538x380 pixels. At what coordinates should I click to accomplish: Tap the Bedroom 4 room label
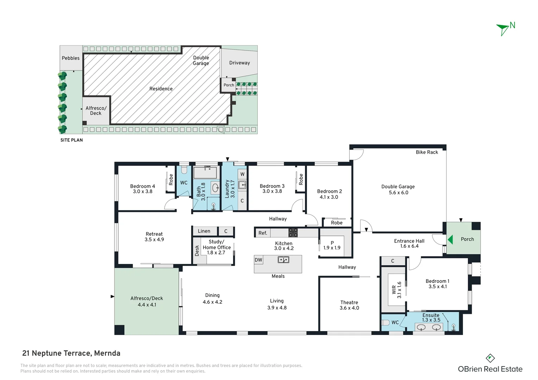coord(143,189)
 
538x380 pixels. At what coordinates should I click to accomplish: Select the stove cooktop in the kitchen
coord(293,233)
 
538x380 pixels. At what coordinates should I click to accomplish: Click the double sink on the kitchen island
coord(283,260)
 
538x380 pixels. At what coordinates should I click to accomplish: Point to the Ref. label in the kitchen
coord(263,233)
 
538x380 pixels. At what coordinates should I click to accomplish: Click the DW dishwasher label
coord(258,260)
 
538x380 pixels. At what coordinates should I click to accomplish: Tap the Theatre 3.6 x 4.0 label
coord(349,305)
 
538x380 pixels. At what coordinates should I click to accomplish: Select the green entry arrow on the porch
coord(450,240)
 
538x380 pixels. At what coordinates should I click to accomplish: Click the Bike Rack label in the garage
coord(427,152)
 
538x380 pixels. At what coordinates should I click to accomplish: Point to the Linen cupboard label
coord(204,231)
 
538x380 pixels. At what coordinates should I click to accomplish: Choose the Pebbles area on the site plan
coord(71,58)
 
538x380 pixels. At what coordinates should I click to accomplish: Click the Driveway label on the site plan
coord(239,63)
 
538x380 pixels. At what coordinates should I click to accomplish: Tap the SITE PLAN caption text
coord(71,140)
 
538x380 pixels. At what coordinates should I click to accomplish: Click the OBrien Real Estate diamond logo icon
coord(490,359)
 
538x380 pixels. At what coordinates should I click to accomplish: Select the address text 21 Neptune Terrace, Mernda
coord(71,353)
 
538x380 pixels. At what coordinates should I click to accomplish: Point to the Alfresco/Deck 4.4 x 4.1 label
coord(147,302)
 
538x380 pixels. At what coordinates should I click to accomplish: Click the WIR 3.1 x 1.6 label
coord(396,290)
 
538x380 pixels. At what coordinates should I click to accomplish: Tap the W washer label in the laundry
coord(242,174)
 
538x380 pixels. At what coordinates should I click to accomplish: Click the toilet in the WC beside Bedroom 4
coord(184,170)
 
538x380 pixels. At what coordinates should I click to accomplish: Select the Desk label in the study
coord(197,251)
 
